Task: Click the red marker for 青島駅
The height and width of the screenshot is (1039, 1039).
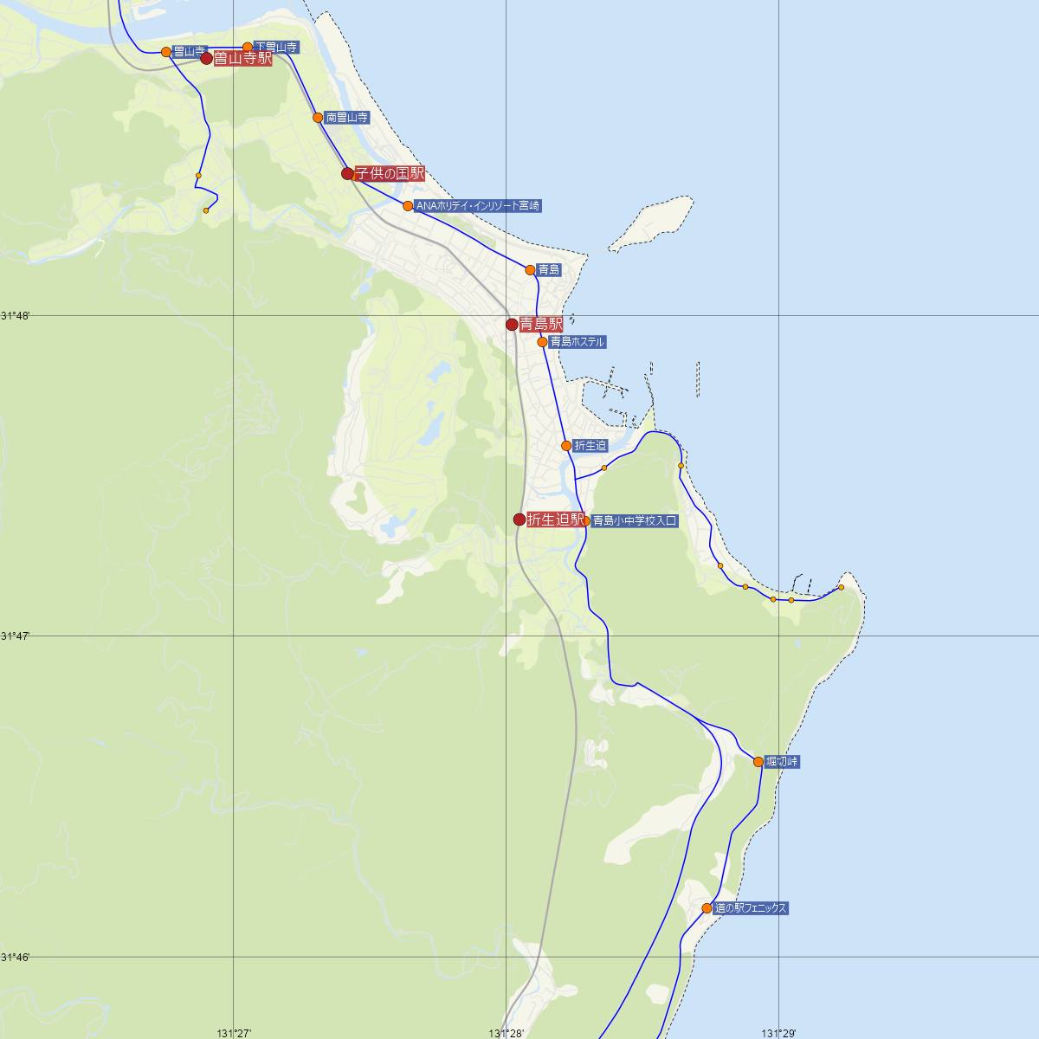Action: (x=512, y=325)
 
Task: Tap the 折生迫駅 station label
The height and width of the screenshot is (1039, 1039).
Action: (x=556, y=519)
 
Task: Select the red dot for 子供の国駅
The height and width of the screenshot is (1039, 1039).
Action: (x=347, y=173)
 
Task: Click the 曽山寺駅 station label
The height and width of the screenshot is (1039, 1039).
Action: (x=242, y=59)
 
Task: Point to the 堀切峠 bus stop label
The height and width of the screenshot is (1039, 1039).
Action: (x=783, y=762)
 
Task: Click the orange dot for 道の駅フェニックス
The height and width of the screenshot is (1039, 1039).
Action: (x=707, y=908)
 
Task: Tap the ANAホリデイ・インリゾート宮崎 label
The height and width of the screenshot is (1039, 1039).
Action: (x=478, y=206)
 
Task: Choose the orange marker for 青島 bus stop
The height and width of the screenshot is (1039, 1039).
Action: (x=530, y=270)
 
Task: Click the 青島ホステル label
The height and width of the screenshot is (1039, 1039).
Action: (x=577, y=342)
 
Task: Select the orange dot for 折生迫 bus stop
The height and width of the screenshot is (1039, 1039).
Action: (x=566, y=446)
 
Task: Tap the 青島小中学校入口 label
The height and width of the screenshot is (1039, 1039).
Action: (x=635, y=521)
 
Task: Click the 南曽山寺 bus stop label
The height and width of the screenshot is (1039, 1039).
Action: (x=347, y=118)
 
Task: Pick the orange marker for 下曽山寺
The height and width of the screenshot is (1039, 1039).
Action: (x=248, y=48)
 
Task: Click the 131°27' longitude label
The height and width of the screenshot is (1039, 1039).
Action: (x=235, y=1033)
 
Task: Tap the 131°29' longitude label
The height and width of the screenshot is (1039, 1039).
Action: (x=778, y=1033)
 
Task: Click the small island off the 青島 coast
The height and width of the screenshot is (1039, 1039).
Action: (x=651, y=223)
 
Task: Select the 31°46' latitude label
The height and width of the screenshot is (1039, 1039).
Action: (x=16, y=957)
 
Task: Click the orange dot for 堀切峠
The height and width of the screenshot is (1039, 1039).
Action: (x=758, y=762)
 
